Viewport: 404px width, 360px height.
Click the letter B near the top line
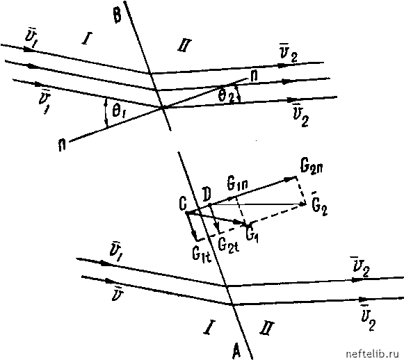click(117, 15)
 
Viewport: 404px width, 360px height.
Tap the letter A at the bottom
click(236, 350)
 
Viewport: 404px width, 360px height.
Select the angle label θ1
click(118, 112)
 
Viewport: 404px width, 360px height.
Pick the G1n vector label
click(237, 184)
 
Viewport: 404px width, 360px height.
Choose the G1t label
click(202, 255)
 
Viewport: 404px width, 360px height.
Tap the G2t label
click(228, 245)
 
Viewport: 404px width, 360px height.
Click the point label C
click(182, 204)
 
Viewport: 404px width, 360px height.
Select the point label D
click(207, 195)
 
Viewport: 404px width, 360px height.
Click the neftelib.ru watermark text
click(374, 354)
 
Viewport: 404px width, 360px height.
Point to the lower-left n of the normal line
click(62, 145)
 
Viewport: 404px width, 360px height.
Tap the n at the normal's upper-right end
click(254, 76)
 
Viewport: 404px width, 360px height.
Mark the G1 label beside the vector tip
click(252, 234)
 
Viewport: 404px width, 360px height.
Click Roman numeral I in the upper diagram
click(87, 38)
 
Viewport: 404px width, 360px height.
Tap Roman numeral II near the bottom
click(267, 327)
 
